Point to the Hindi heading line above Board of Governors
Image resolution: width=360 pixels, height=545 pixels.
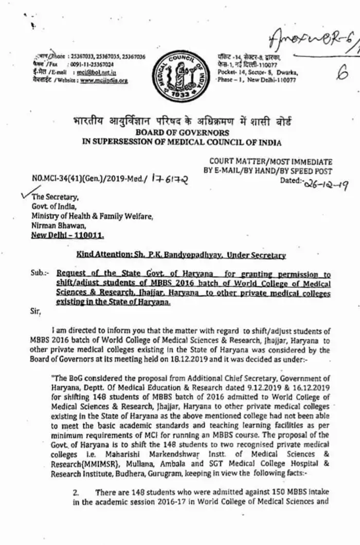click(x=182, y=122)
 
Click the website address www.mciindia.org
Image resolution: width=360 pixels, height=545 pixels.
click(x=104, y=80)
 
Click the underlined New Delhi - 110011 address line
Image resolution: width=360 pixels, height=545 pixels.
click(x=67, y=235)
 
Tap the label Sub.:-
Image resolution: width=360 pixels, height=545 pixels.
click(x=39, y=274)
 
